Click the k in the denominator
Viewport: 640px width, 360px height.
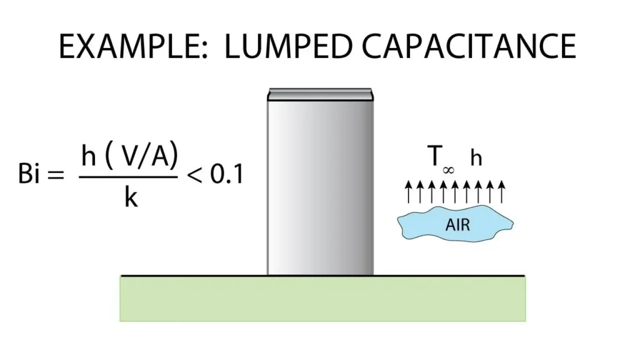click(131, 197)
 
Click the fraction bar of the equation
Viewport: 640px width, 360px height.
click(128, 177)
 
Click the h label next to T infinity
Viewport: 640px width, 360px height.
click(476, 159)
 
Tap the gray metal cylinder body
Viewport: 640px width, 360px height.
click(320, 187)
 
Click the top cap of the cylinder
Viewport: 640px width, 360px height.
click(320, 94)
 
